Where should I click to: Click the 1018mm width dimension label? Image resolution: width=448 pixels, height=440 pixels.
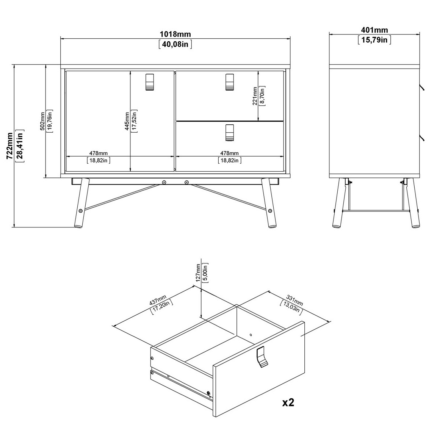tap(175, 34)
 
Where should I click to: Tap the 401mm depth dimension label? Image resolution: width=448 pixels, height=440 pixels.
tap(374, 30)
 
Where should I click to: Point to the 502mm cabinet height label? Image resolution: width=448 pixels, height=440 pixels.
tap(42, 121)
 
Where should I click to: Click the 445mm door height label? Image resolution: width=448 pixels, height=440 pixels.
tap(127, 121)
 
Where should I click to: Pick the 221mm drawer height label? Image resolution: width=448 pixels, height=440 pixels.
tap(255, 96)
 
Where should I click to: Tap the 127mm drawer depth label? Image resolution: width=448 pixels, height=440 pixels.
tap(198, 273)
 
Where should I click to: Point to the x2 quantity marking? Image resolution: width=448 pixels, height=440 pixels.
tap(288, 402)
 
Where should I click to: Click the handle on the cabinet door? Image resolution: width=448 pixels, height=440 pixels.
tap(149, 82)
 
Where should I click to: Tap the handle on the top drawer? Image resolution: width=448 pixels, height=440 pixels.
tap(229, 82)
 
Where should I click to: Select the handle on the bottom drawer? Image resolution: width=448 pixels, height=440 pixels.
tap(229, 133)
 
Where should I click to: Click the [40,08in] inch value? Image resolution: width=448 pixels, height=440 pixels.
tap(175, 44)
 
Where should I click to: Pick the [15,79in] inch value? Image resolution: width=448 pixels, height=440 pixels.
tap(374, 40)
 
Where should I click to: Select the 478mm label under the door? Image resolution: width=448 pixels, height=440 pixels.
tap(99, 153)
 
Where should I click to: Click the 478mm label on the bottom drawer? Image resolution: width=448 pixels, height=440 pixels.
tap(229, 153)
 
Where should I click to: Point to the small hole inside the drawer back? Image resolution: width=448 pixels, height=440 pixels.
tap(251, 335)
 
